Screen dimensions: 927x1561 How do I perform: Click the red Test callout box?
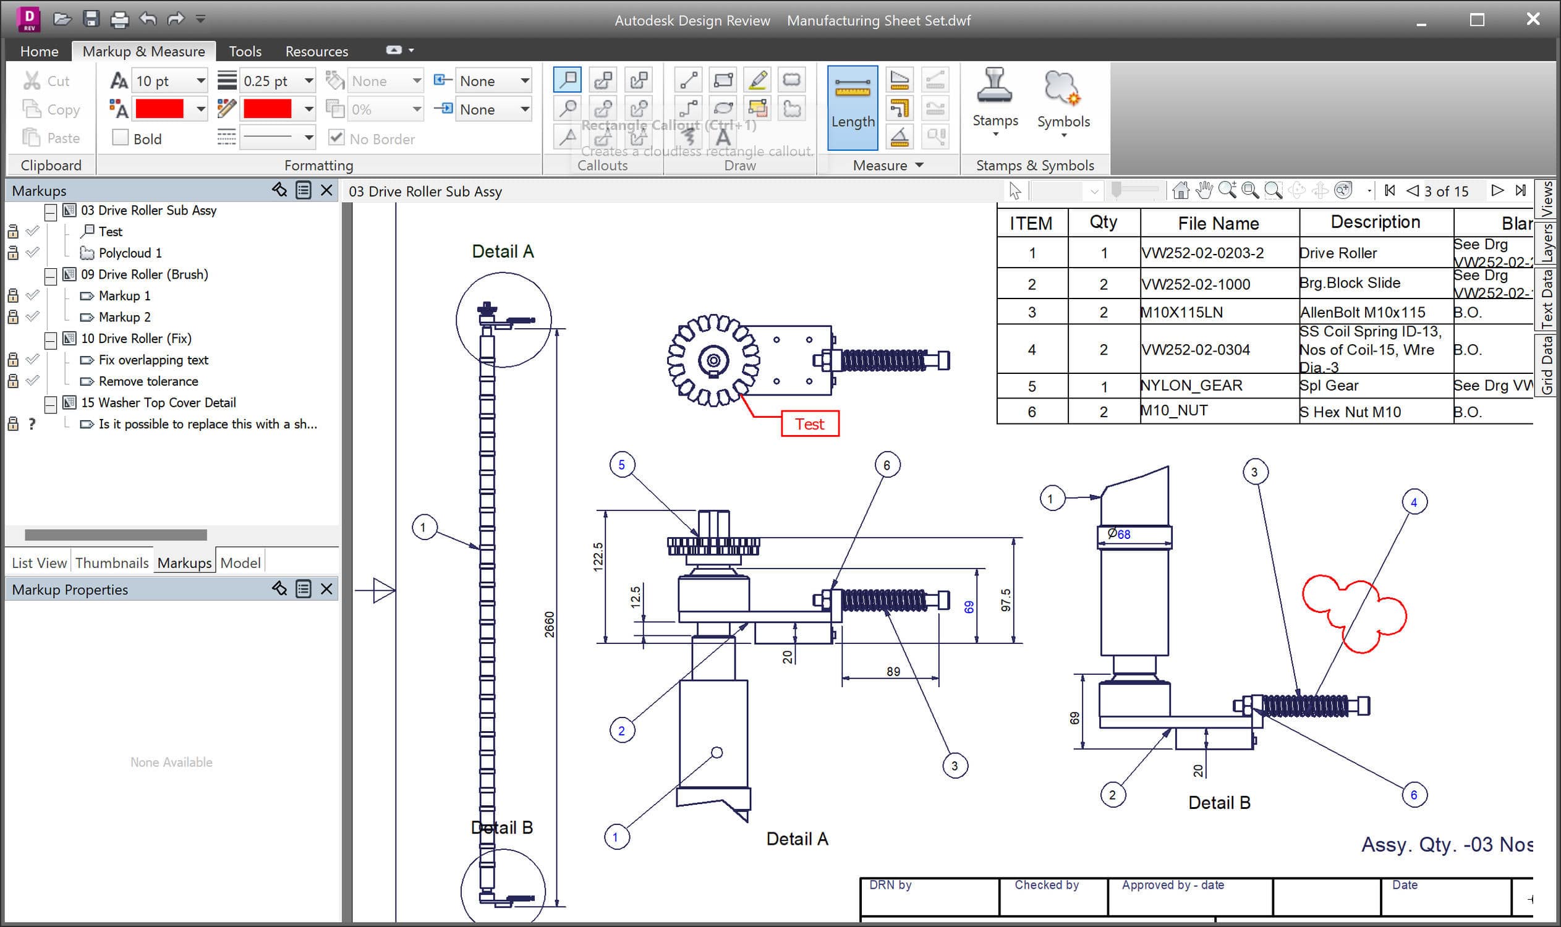click(x=810, y=424)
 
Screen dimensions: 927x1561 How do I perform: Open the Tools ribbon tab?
click(x=244, y=51)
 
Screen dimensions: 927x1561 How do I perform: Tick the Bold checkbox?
click(x=121, y=137)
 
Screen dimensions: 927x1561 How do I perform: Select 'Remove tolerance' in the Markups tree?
click(x=148, y=381)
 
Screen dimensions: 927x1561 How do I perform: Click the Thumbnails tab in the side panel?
click(x=112, y=563)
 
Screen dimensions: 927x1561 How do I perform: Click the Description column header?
click(x=1375, y=222)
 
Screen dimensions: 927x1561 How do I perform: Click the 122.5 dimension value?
click(x=598, y=557)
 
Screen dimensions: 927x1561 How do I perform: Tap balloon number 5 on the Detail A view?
click(x=622, y=465)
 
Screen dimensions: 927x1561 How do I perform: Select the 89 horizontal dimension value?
click(x=893, y=672)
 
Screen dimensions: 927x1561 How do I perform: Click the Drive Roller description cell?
click(x=1338, y=253)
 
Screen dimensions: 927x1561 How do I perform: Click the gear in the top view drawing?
click(x=713, y=360)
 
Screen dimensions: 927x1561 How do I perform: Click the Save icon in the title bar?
click(x=91, y=19)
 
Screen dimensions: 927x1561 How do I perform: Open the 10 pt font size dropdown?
click(x=200, y=80)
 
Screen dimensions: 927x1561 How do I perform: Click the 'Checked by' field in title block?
click(x=1047, y=885)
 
